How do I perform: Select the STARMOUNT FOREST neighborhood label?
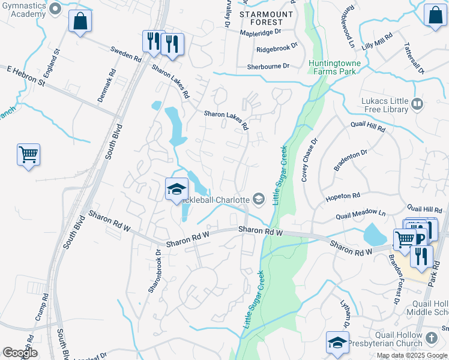pos(266,18)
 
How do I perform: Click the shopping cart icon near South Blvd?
pos(28,155)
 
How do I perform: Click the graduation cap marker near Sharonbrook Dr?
pos(176,190)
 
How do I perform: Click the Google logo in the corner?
pos(20,353)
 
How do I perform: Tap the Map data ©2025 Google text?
pos(411,355)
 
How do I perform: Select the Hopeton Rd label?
pos(342,196)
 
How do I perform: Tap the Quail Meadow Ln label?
pos(360,212)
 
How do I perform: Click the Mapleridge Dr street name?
pos(261,31)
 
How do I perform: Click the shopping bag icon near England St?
pos(80,22)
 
